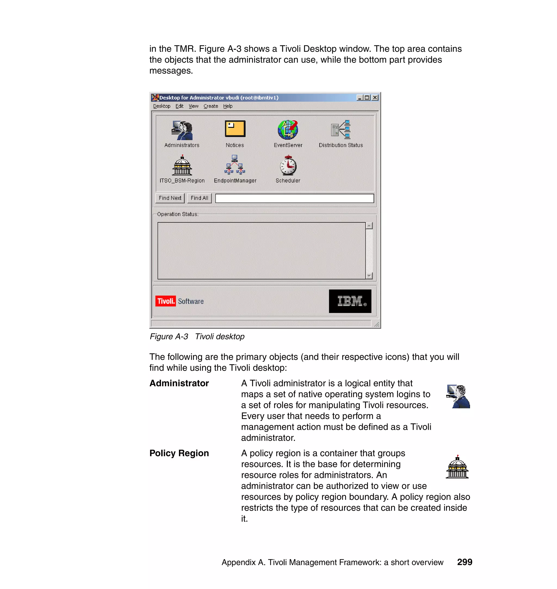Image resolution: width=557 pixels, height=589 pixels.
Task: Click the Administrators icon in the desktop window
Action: [182, 130]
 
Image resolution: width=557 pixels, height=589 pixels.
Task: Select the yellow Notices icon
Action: [235, 129]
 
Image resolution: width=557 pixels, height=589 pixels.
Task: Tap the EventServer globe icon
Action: [288, 130]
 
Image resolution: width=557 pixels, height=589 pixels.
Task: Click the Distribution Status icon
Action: [341, 130]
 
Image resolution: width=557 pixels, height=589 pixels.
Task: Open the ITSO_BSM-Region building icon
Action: [182, 165]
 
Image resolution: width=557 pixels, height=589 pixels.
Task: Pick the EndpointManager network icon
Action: [234, 165]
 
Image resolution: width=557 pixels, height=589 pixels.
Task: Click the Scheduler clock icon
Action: [288, 165]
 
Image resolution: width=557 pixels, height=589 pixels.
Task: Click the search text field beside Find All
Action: [294, 198]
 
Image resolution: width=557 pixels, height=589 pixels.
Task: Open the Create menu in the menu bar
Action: [211, 106]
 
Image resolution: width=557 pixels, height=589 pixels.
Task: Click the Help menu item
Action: [228, 106]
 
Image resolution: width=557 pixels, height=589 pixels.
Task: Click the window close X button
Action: [375, 98]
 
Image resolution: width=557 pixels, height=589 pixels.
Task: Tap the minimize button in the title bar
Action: [360, 98]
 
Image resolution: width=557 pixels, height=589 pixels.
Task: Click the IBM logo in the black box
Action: [350, 301]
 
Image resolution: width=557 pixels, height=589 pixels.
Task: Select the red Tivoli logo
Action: [165, 301]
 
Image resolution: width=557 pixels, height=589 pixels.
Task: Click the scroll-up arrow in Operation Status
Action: [369, 226]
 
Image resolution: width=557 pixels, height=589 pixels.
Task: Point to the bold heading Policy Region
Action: [179, 453]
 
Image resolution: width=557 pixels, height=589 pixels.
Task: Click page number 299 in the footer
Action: [464, 562]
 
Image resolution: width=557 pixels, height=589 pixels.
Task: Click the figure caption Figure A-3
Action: [169, 337]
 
